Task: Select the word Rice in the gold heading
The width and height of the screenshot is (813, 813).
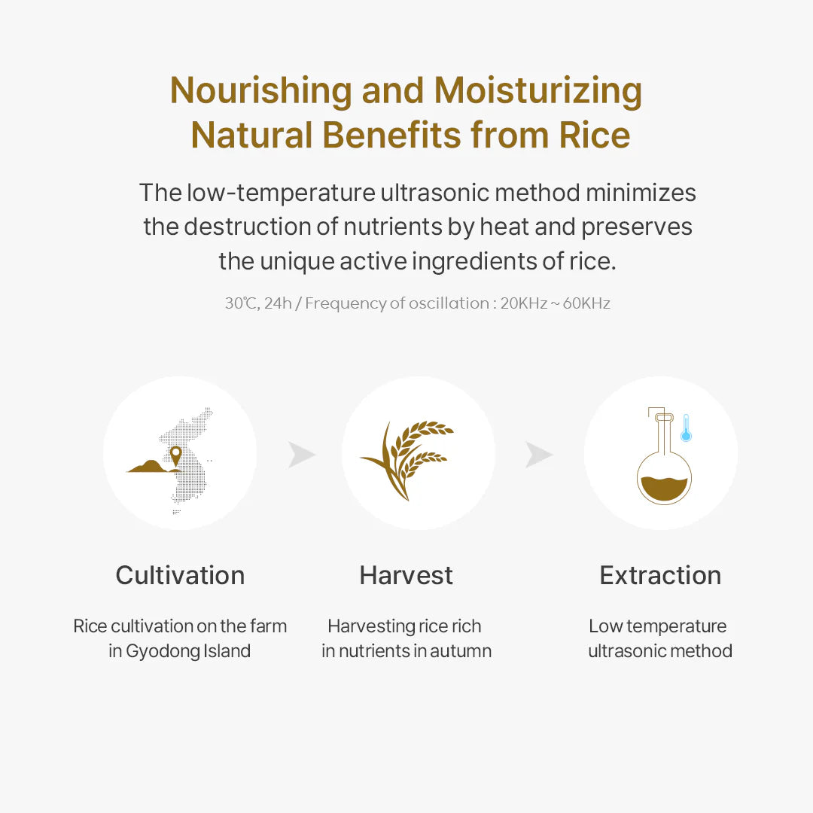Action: [594, 135]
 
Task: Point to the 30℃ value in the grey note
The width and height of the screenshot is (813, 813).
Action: [241, 303]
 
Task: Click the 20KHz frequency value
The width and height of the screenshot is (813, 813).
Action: [524, 303]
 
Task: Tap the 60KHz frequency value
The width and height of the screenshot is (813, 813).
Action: [586, 303]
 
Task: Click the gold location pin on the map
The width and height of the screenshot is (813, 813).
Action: [175, 454]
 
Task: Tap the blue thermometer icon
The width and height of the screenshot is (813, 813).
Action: [686, 428]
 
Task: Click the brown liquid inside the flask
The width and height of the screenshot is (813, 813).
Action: [663, 489]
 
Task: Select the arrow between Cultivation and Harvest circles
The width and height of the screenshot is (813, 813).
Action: [301, 455]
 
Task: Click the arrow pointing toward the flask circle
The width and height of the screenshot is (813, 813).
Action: [539, 455]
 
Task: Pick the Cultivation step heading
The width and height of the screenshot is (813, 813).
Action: [180, 576]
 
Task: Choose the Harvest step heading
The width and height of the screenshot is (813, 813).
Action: [406, 576]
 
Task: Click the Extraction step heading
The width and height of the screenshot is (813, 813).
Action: [660, 576]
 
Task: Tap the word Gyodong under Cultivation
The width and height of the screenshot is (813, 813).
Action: [159, 651]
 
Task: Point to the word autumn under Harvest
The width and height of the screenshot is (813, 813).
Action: [460, 651]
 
